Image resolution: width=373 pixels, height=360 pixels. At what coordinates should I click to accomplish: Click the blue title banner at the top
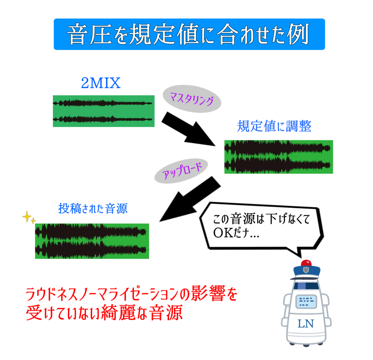coord(189,34)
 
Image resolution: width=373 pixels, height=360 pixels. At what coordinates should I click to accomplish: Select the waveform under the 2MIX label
coord(103,111)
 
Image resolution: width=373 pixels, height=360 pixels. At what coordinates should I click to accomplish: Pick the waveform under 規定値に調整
coord(278,157)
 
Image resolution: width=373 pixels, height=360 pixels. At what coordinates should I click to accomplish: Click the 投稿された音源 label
coord(93,209)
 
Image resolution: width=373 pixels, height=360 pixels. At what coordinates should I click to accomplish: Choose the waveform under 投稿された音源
coord(92,241)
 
